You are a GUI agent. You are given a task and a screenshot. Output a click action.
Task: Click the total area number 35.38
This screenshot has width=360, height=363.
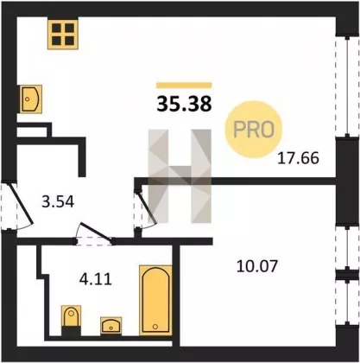tap(184, 104)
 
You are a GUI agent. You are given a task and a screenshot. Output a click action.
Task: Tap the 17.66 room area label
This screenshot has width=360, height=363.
tap(299, 158)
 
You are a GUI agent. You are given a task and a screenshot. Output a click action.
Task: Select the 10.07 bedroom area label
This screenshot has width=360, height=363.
tap(257, 266)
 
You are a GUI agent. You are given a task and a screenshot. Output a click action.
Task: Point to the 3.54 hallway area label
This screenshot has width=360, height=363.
tap(58, 201)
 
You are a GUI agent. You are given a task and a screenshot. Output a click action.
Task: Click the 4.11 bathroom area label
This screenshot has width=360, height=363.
tap(95, 279)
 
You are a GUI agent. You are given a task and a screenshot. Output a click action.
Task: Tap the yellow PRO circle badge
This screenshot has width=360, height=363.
tap(254, 129)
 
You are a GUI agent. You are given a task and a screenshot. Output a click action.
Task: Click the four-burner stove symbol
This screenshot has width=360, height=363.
tap(63, 35)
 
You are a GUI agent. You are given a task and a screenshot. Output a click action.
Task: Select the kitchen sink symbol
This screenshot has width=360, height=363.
tap(30, 99)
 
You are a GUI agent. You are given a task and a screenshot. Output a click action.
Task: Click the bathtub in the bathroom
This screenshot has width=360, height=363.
tap(155, 301)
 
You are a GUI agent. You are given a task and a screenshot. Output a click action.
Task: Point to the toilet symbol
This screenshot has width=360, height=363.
tap(71, 315)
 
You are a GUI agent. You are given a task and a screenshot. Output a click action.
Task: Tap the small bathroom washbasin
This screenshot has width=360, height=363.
tap(111, 325)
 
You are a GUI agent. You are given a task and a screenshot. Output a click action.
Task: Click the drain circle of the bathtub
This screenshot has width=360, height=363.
tap(155, 327)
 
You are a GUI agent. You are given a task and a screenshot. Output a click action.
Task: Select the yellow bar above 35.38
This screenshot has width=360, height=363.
tap(184, 86)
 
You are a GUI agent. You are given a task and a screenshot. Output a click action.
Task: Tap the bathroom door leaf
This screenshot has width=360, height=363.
tap(97, 232)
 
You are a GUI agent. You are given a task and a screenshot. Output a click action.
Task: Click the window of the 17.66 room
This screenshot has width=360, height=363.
tap(347, 86)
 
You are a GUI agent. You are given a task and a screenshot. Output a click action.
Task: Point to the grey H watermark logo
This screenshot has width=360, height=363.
tap(180, 176)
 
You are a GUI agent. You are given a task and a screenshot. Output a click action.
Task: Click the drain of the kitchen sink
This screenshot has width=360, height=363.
tap(28, 99)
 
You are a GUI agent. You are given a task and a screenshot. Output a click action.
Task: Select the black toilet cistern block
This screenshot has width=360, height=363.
tap(71, 331)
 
